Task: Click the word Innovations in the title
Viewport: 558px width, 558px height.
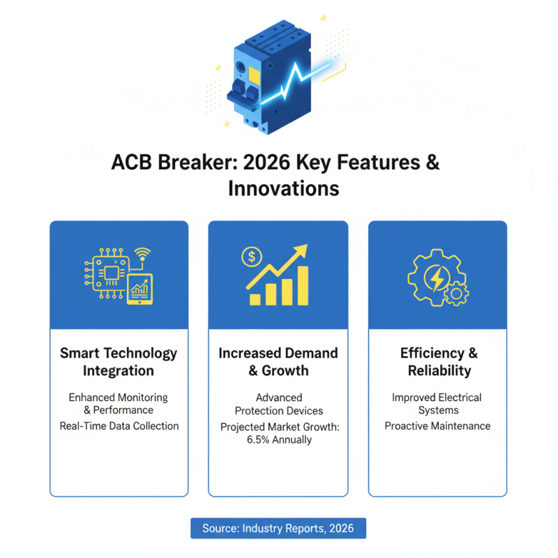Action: [283, 188]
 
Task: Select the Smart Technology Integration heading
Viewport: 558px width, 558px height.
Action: [119, 361]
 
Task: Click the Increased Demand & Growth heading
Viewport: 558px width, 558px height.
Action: [278, 361]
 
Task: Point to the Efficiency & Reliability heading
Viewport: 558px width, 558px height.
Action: [438, 361]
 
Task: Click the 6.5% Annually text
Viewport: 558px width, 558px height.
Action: [278, 439]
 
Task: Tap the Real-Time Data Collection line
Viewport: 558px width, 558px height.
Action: [119, 425]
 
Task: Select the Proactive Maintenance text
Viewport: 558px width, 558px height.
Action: [437, 425]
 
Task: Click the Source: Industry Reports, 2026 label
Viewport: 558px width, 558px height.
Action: [278, 528]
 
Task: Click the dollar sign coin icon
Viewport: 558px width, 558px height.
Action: [250, 257]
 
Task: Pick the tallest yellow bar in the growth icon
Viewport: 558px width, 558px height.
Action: [301, 284]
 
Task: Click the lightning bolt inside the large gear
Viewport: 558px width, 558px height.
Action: [437, 278]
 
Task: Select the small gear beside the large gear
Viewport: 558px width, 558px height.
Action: [456, 294]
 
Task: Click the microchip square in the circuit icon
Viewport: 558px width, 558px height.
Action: [108, 273]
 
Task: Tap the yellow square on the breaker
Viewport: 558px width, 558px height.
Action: [253, 75]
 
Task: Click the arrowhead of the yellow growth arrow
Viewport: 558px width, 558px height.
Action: [302, 250]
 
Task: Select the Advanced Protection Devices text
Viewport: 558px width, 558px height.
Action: [278, 404]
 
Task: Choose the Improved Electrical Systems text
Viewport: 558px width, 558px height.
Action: [437, 404]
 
